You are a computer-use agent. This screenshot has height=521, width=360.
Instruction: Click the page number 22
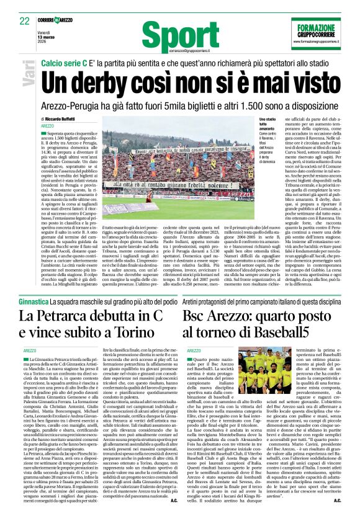tap(25, 20)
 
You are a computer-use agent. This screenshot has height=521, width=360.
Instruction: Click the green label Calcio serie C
tap(65, 63)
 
